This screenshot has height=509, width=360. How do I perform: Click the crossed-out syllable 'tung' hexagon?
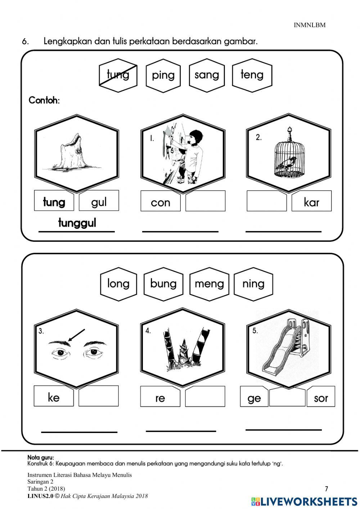(118, 75)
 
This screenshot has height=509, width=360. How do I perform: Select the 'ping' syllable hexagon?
(163, 75)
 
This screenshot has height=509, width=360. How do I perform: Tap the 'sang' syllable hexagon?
(207, 75)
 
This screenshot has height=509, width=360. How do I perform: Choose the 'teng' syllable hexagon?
(252, 75)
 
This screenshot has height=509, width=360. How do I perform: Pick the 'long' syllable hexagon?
(118, 284)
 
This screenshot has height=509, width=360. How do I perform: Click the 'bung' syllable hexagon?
(163, 284)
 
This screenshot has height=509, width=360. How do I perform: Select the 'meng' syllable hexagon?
(209, 284)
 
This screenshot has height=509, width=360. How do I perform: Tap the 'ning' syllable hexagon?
(253, 284)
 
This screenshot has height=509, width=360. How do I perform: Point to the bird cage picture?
(289, 153)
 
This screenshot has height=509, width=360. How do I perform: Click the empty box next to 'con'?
(206, 201)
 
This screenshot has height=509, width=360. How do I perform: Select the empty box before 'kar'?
(267, 201)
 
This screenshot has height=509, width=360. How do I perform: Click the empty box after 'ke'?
(99, 396)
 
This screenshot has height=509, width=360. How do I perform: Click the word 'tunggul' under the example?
(77, 223)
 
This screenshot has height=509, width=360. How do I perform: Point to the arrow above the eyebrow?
(76, 335)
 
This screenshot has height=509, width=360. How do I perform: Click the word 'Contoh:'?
(44, 100)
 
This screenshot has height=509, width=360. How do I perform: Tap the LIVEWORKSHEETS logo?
(304, 501)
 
